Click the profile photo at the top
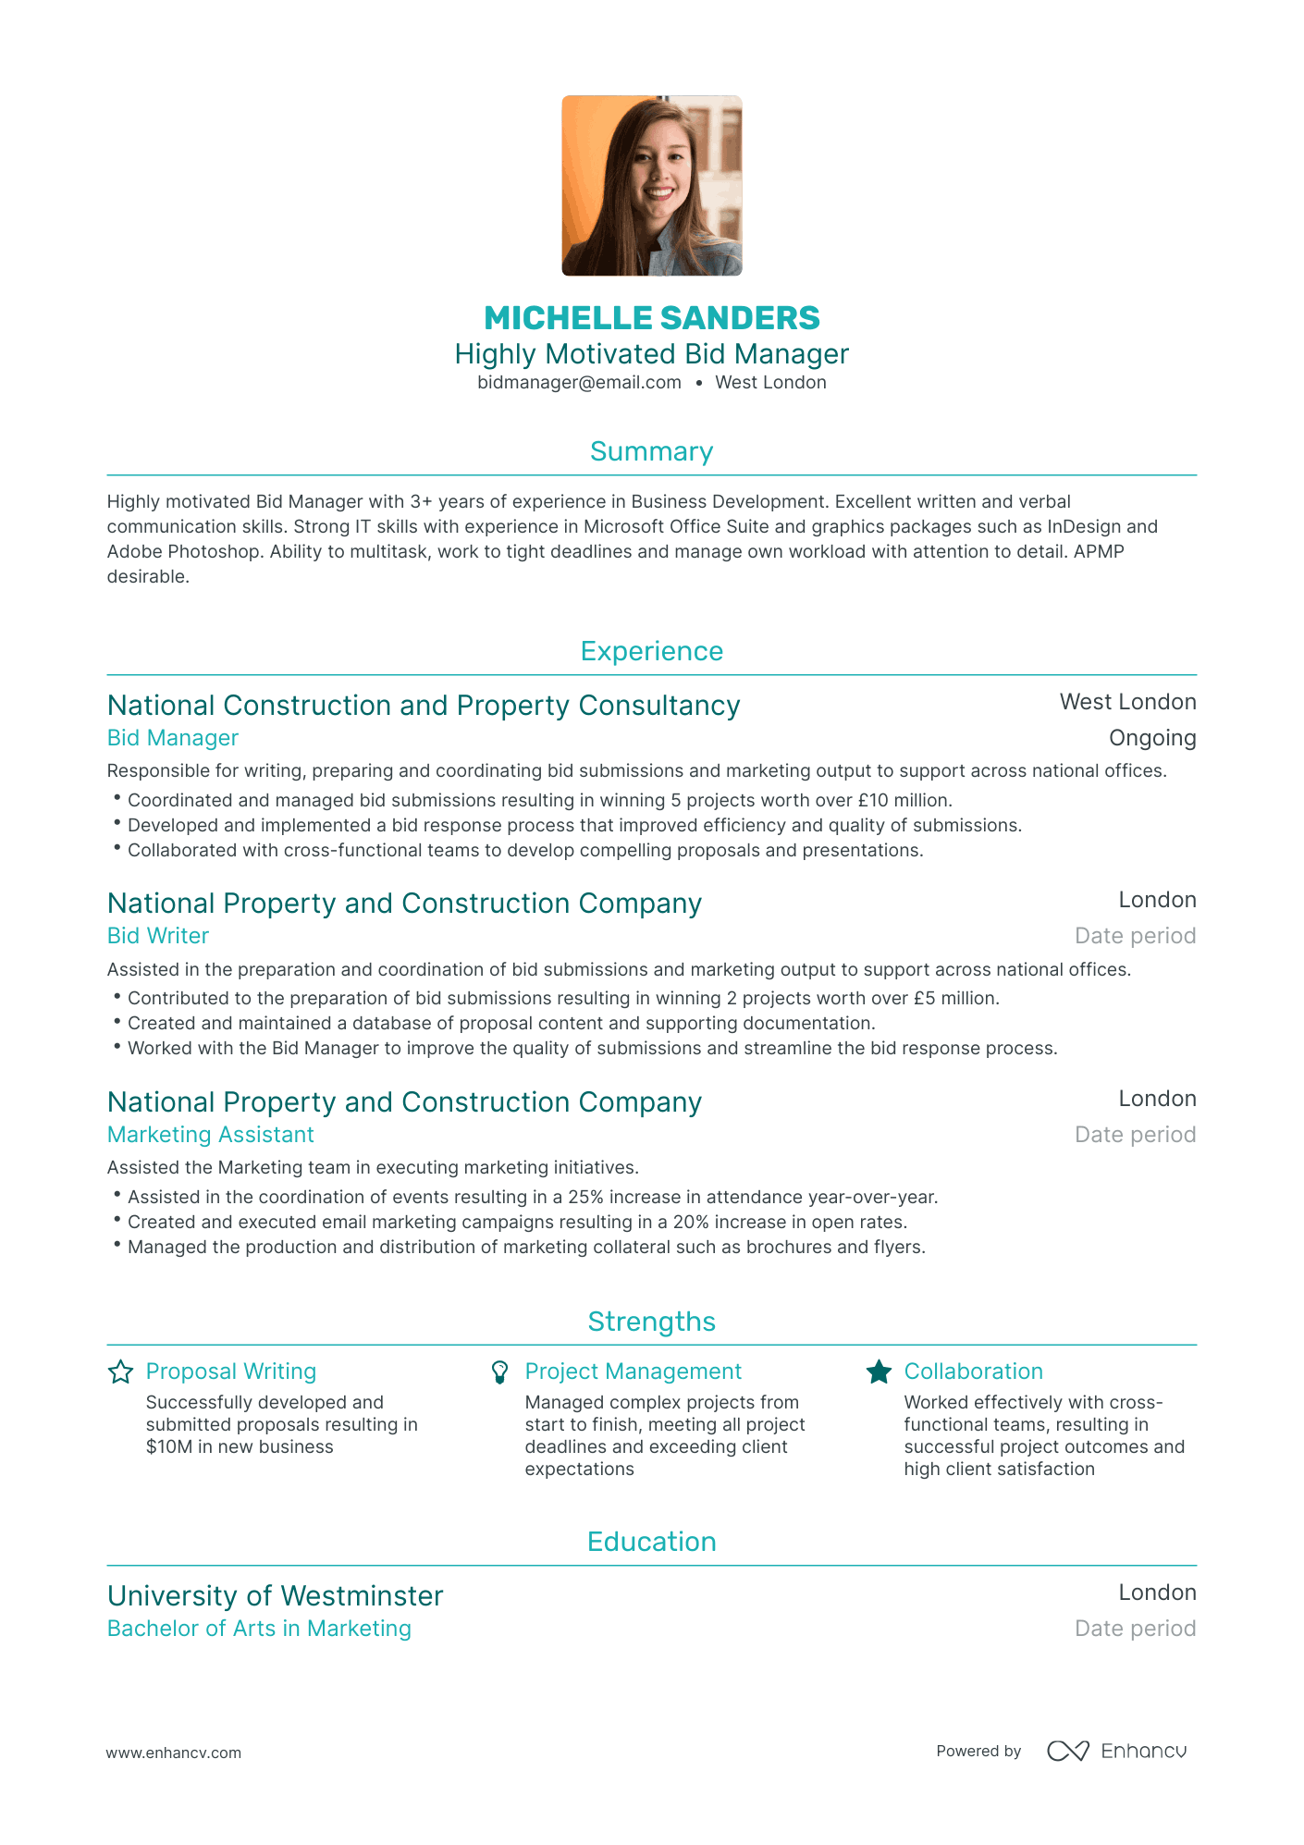pos(651,185)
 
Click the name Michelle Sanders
pos(651,318)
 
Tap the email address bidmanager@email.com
pos(579,383)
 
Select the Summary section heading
pos(651,451)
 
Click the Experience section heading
pos(651,651)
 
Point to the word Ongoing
pos(1152,738)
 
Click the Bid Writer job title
pos(158,936)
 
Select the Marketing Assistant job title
pos(211,1135)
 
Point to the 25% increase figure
pos(585,1197)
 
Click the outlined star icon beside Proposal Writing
pos(121,1371)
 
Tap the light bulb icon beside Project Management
pos(499,1371)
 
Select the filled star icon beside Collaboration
pos(879,1371)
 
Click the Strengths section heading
pos(651,1322)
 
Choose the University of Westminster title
pos(276,1596)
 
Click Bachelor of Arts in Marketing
pos(259,1629)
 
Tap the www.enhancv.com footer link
pos(174,1753)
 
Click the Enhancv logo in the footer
pos(1116,1751)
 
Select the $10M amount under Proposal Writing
pos(169,1447)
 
